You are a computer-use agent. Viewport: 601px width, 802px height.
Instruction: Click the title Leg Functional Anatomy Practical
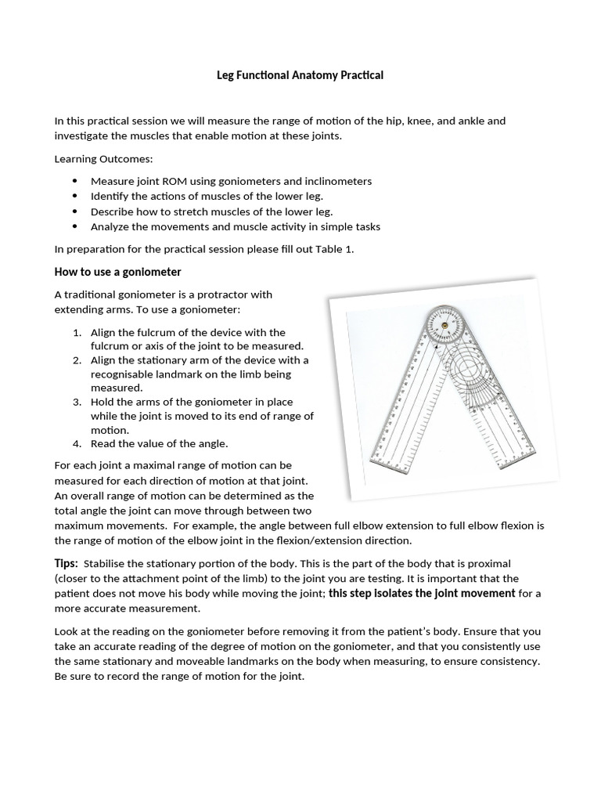[300, 76]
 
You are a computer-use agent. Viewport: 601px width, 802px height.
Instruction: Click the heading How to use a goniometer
[117, 272]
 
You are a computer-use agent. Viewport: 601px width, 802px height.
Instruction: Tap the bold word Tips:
[66, 564]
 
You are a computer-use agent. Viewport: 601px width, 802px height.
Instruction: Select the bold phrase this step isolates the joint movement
[422, 593]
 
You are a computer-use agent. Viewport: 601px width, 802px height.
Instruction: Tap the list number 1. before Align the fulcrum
[77, 332]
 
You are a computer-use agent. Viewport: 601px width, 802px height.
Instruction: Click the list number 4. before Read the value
[77, 443]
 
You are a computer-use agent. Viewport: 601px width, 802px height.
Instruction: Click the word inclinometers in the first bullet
[334, 181]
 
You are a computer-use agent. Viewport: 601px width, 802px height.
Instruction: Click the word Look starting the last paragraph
[66, 631]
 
